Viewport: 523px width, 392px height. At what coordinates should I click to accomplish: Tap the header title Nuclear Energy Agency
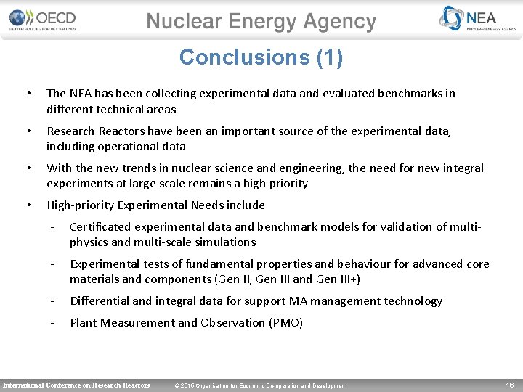click(x=261, y=22)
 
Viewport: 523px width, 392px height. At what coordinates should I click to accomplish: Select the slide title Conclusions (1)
click(x=261, y=57)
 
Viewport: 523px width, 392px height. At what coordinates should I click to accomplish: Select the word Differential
click(x=100, y=301)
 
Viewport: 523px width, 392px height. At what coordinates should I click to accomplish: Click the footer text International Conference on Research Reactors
click(x=77, y=385)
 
